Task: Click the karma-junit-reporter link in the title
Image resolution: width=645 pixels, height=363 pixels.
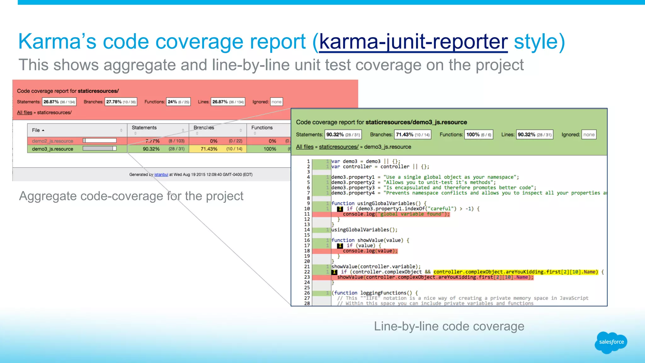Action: pyautogui.click(x=413, y=42)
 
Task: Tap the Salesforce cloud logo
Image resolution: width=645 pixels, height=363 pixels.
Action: pyautogui.click(x=611, y=342)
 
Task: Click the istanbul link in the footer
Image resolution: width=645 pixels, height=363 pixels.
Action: pyautogui.click(x=161, y=175)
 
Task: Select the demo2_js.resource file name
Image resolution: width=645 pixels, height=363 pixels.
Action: pyautogui.click(x=53, y=141)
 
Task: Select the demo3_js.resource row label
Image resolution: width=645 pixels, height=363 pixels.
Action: pyautogui.click(x=53, y=149)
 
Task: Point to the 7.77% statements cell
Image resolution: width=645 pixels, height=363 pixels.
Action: pyautogui.click(x=152, y=141)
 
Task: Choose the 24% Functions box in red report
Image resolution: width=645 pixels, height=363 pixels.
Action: pyautogui.click(x=178, y=102)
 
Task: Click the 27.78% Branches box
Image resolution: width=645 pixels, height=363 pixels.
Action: pyautogui.click(x=121, y=102)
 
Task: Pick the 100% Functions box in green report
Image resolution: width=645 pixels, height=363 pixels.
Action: pyautogui.click(x=478, y=135)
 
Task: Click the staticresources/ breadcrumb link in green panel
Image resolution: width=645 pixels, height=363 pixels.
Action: pyautogui.click(x=339, y=147)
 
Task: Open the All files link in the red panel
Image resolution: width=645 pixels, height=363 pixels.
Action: pyautogui.click(x=25, y=112)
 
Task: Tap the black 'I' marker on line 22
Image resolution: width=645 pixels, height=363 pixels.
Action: pyautogui.click(x=334, y=272)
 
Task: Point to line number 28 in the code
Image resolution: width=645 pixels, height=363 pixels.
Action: pyautogui.click(x=307, y=303)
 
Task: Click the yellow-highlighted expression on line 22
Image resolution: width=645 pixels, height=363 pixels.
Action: pyautogui.click(x=515, y=272)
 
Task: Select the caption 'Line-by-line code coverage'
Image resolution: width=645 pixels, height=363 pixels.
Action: pyautogui.click(x=449, y=326)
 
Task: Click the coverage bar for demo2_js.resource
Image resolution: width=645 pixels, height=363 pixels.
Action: pyautogui.click(x=100, y=141)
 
